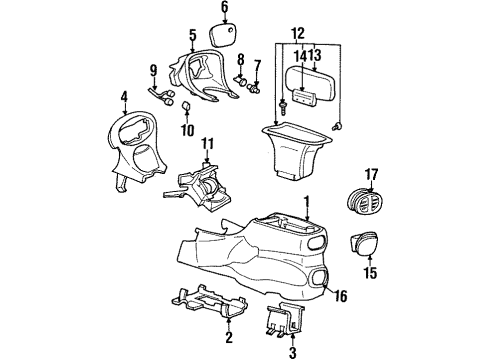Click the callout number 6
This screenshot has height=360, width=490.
click(x=225, y=7)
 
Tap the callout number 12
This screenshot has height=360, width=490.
click(x=298, y=33)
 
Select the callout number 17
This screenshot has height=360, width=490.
click(x=371, y=175)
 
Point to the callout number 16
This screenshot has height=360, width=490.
click(x=340, y=296)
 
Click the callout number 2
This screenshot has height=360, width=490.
click(x=229, y=338)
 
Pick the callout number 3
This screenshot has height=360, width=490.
click(x=292, y=353)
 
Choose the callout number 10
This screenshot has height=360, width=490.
click(x=188, y=130)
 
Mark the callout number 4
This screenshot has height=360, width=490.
click(x=124, y=97)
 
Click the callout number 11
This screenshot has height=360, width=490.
click(x=207, y=144)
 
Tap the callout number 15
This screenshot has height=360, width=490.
click(x=370, y=273)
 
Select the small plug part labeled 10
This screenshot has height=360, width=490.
click(x=187, y=107)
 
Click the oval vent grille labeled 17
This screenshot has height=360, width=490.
click(x=365, y=202)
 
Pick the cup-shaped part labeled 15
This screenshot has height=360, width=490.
click(x=364, y=243)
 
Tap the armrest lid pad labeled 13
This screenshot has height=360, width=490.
click(x=310, y=82)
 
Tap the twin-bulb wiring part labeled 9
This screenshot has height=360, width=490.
click(x=161, y=96)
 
